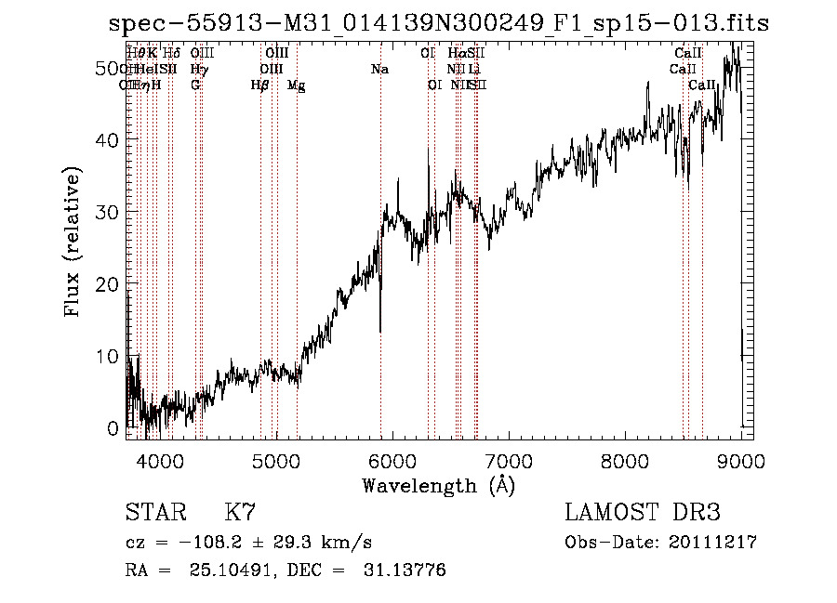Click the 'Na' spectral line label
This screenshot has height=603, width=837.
click(x=379, y=70)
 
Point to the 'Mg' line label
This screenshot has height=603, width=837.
click(x=296, y=85)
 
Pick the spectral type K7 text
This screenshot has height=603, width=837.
click(x=240, y=513)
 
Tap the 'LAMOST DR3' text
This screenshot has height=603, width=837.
click(x=643, y=513)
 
